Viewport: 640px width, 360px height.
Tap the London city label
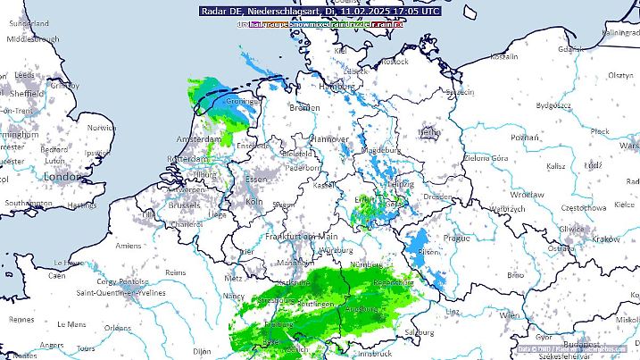click(62, 177)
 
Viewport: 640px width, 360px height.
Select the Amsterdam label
click(199, 140)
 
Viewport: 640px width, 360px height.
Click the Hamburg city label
click(337, 87)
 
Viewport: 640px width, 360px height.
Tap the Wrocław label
click(527, 194)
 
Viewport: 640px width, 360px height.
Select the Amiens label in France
click(128, 246)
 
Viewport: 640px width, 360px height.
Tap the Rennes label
click(21, 319)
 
